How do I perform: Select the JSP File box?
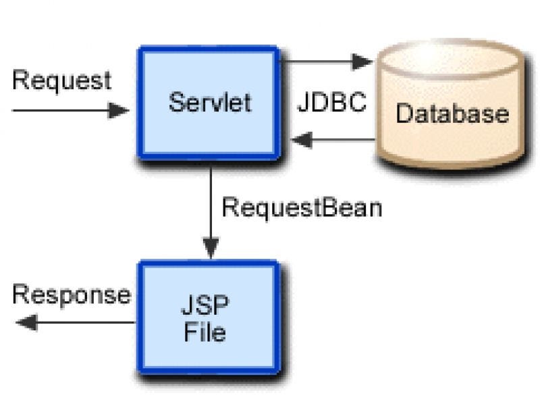(209, 318)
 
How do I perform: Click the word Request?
(61, 80)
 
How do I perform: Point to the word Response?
(72, 295)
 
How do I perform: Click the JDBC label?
(332, 103)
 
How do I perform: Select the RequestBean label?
(302, 207)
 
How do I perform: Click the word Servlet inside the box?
(210, 103)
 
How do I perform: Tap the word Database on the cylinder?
(452, 113)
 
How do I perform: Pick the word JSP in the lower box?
(205, 306)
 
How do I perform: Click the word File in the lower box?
(205, 333)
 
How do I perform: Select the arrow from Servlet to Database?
(324, 62)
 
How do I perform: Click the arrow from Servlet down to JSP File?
(211, 209)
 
